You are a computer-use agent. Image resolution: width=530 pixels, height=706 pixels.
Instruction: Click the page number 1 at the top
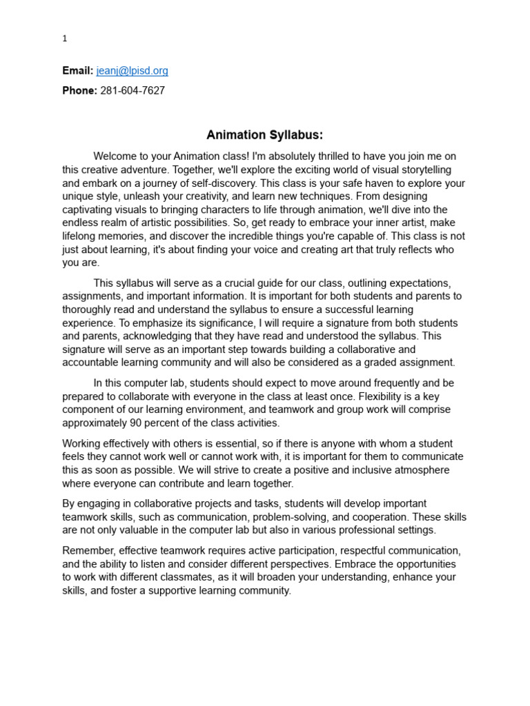click(65, 39)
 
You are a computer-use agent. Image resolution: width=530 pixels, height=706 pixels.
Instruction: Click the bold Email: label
click(77, 71)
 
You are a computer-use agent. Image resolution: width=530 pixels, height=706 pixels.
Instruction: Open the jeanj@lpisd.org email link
click(132, 71)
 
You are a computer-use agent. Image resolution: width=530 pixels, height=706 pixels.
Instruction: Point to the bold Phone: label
click(79, 91)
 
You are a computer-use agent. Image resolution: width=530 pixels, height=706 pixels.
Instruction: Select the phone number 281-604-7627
click(132, 91)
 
